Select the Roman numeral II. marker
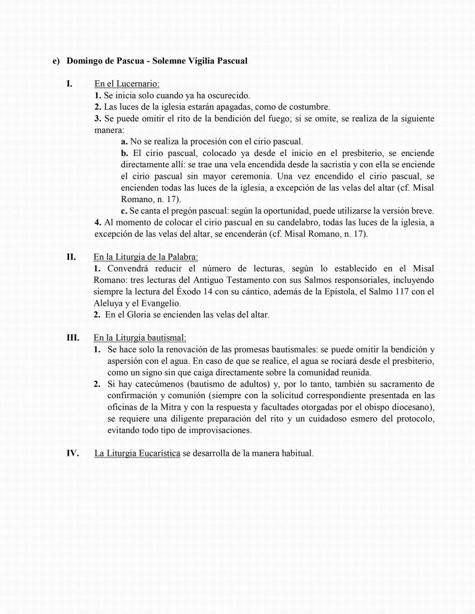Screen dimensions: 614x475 [71, 257]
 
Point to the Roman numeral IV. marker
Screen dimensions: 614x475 [72, 453]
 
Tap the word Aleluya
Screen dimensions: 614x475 [110, 303]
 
